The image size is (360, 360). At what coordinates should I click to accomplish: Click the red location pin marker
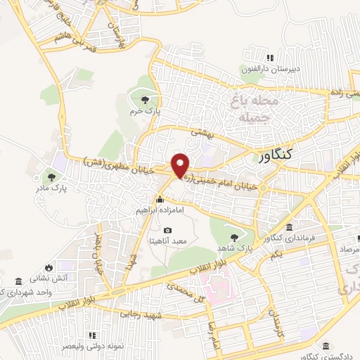pyautogui.click(x=181, y=166)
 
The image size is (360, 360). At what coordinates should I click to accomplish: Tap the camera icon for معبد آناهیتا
pyautogui.click(x=167, y=230)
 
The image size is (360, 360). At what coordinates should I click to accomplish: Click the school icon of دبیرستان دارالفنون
pyautogui.click(x=269, y=58)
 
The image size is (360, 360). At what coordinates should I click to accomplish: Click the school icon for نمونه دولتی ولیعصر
pyautogui.click(x=90, y=335)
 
